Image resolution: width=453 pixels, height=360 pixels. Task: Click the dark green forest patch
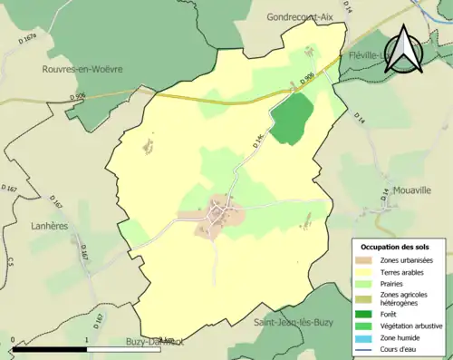coord(292,119)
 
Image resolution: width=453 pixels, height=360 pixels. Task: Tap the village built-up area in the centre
coord(218,216)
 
